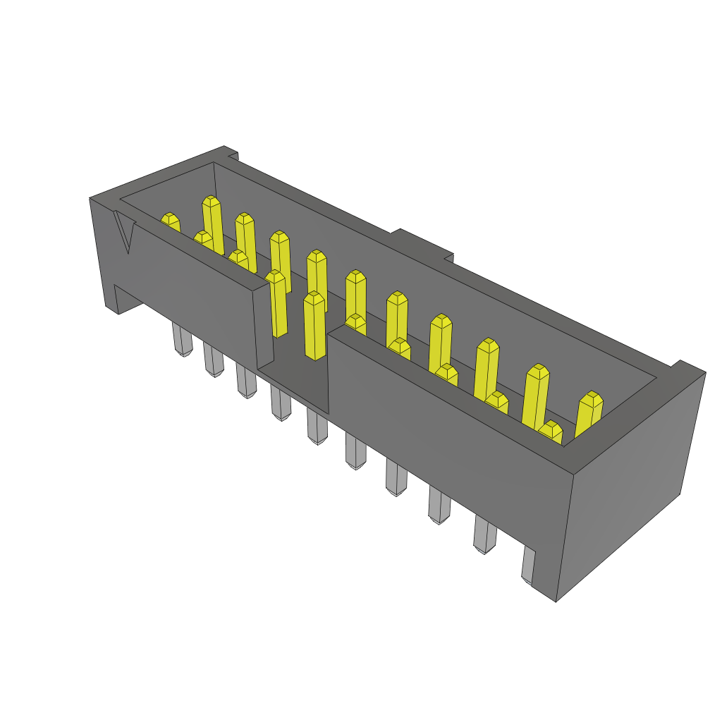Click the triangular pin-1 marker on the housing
[x=126, y=233]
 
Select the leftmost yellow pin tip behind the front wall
[x=170, y=221]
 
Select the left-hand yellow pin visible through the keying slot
[x=277, y=303]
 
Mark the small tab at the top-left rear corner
[x=231, y=152]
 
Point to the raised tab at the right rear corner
[x=687, y=367]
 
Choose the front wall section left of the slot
[x=190, y=282]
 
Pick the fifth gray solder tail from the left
[x=317, y=427]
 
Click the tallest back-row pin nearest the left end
[x=212, y=222]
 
